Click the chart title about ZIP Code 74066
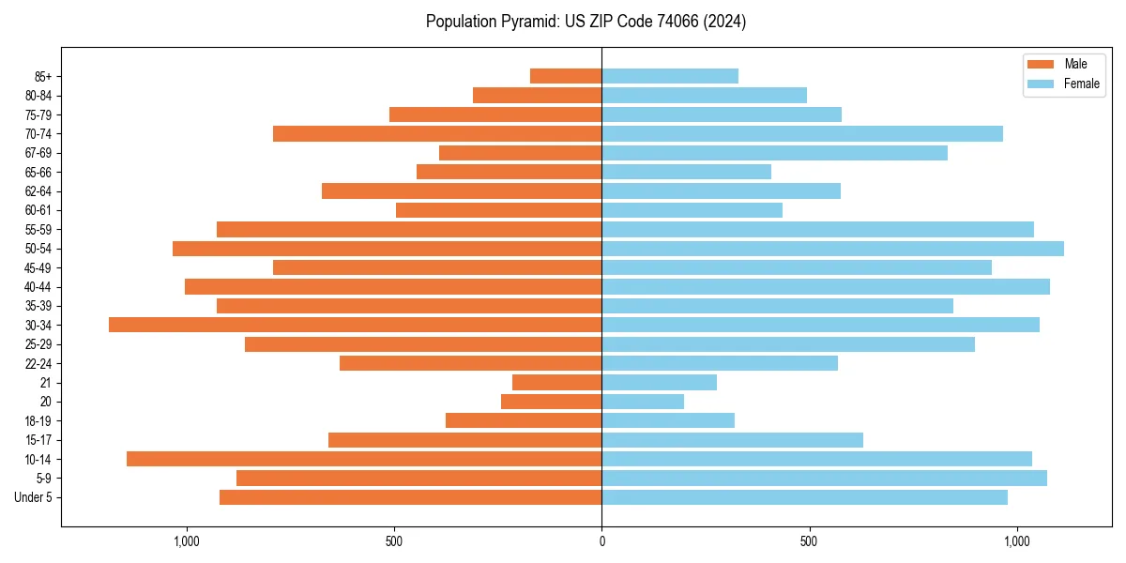[586, 22]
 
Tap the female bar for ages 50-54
[832, 249]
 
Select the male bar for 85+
[566, 76]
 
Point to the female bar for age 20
[643, 402]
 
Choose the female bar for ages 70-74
[802, 133]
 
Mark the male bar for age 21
[557, 382]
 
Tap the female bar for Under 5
[804, 497]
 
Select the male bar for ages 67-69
[520, 153]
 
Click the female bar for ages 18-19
[668, 420]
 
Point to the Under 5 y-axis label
[33, 497]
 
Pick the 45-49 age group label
[38, 267]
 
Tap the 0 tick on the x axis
[601, 540]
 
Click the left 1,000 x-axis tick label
[187, 540]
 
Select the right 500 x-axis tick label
[809, 540]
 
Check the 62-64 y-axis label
[38, 191]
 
